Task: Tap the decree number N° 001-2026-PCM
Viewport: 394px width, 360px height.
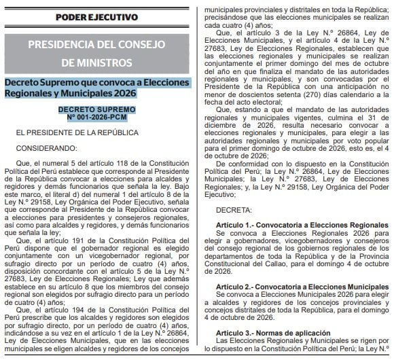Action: coord(96,117)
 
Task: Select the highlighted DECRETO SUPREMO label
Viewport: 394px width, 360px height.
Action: coord(96,109)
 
